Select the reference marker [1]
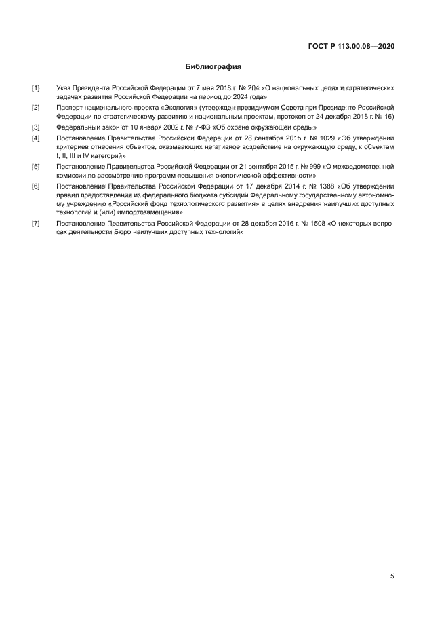(35, 88)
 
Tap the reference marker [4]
(35, 138)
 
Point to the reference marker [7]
(35, 223)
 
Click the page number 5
(392, 576)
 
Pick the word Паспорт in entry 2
(71, 108)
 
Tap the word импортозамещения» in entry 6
(145, 212)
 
